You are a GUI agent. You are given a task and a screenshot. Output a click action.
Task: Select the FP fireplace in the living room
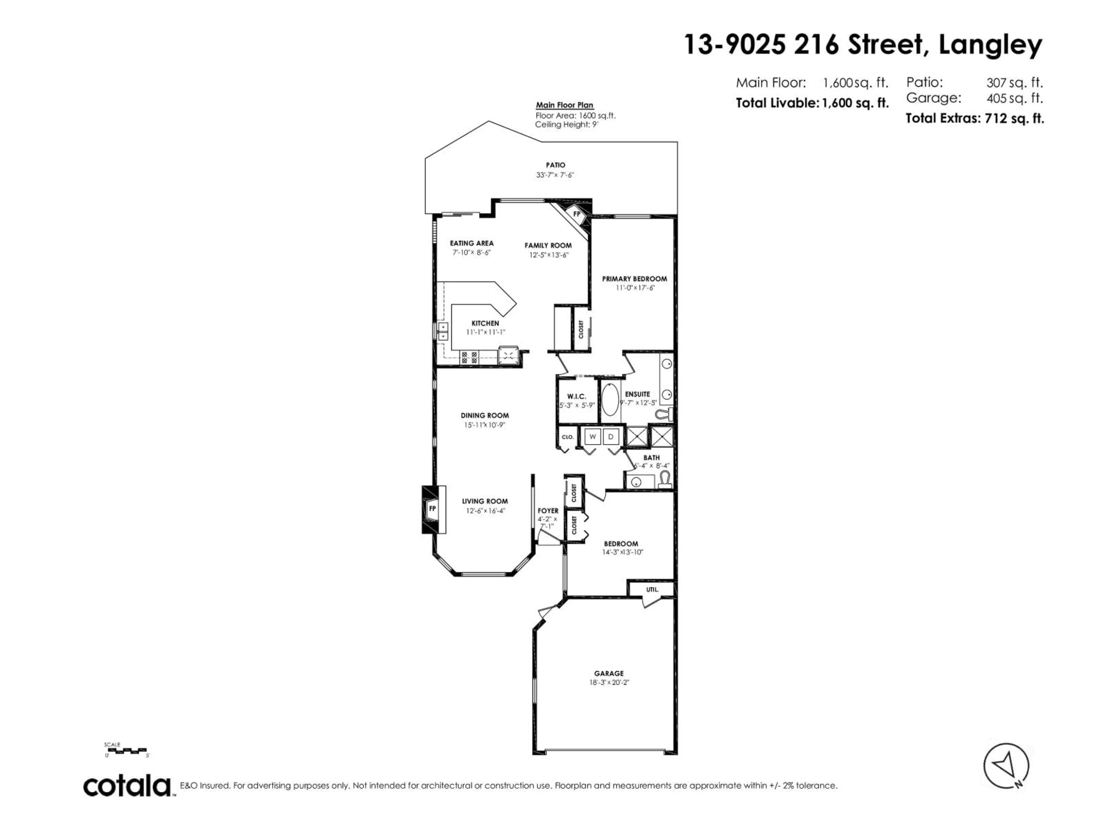point(432,509)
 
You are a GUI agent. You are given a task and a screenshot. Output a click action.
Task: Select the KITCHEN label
point(485,323)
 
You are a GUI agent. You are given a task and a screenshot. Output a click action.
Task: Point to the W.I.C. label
point(576,396)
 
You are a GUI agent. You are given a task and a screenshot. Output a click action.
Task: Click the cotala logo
point(127,786)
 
